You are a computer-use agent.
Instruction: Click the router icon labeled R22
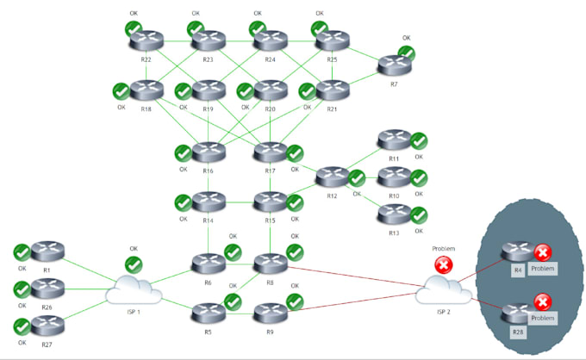pos(146,40)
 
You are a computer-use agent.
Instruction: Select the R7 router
pos(394,65)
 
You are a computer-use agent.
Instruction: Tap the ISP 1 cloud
pos(134,291)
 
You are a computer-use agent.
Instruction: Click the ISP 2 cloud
pos(444,291)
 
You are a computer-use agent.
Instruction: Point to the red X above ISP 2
pos(444,265)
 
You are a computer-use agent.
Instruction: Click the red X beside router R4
pos(542,252)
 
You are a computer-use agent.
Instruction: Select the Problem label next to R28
pos(542,318)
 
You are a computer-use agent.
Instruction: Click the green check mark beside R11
pos(419,140)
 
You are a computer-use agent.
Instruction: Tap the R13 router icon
pos(394,214)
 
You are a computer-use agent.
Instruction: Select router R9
pos(271,311)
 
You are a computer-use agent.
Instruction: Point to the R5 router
pos(208,311)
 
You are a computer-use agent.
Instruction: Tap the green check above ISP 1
pos(134,264)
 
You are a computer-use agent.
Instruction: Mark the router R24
pos(270,40)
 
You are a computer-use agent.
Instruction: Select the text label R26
pos(47,307)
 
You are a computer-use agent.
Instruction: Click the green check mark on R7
pos(406,53)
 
